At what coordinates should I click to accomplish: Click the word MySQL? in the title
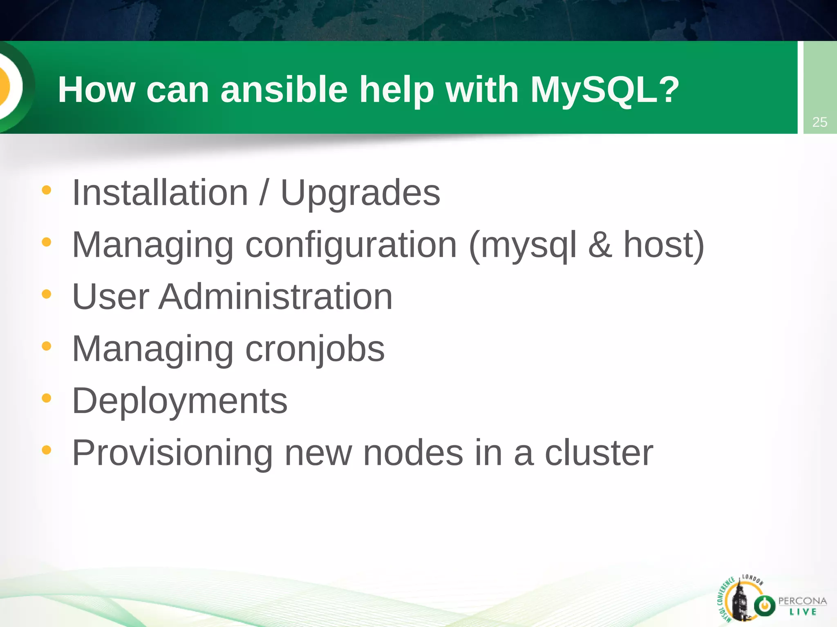[604, 90]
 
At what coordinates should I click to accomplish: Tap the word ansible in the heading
[284, 90]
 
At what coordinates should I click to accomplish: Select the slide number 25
[819, 122]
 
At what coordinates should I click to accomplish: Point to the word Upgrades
[360, 194]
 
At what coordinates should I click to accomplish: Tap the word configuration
[351, 246]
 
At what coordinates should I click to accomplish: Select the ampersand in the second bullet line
[600, 245]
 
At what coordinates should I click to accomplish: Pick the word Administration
[275, 297]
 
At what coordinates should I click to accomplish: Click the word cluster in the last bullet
[599, 453]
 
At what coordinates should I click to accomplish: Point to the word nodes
[413, 453]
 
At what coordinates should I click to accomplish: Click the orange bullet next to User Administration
[47, 294]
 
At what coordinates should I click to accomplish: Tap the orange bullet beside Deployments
[47, 398]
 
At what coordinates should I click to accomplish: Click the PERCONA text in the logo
[802, 601]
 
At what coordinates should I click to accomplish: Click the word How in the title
[96, 90]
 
